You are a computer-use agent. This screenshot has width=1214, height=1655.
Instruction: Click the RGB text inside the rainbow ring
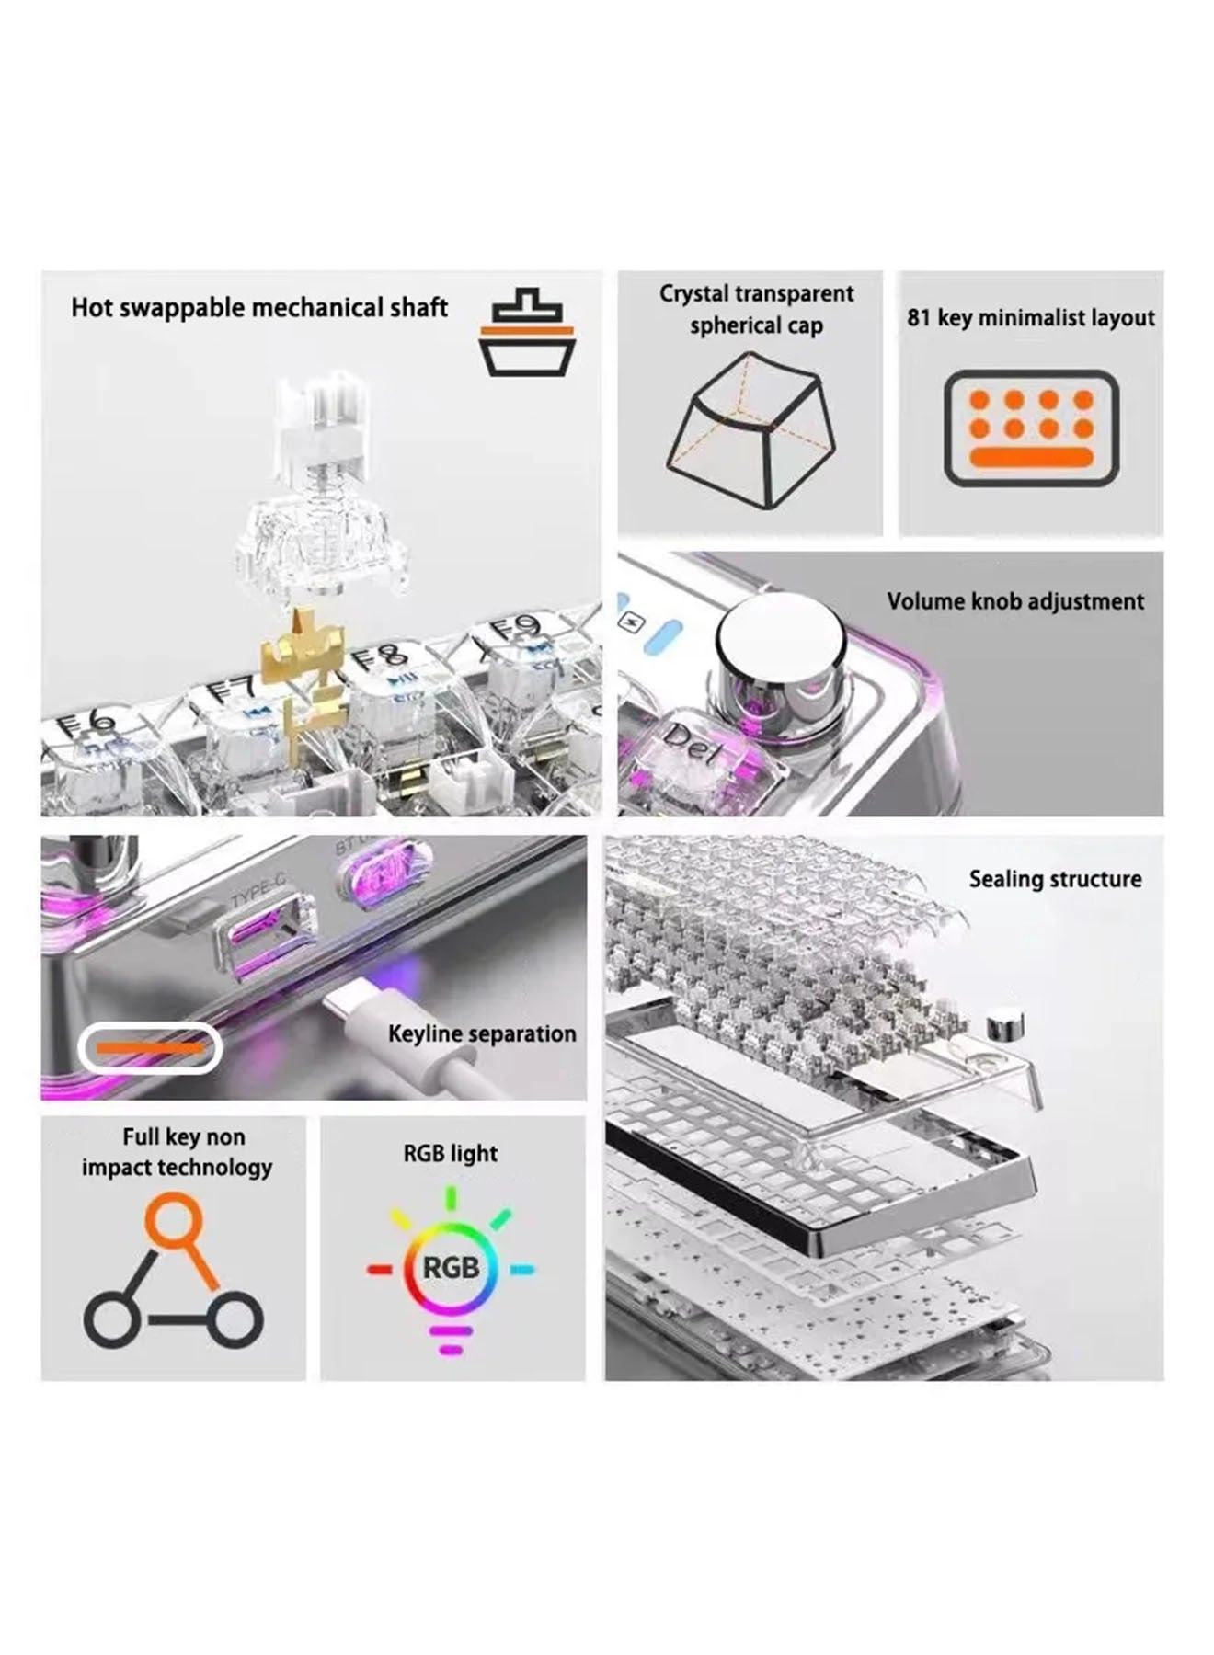[x=451, y=1268]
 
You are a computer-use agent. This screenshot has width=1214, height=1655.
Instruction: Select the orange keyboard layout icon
[x=1031, y=428]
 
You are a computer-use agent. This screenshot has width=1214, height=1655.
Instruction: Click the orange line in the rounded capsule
[x=150, y=1048]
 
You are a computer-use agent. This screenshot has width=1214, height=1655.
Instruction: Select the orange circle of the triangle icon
[x=172, y=1219]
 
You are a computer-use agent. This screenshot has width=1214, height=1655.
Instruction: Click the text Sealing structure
[x=1055, y=879]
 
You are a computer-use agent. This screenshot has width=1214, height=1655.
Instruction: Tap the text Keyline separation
[x=482, y=1033]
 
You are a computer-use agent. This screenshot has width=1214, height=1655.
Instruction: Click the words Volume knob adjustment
[x=1015, y=601]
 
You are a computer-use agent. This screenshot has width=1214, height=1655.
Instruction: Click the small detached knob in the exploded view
[x=1003, y=1024]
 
